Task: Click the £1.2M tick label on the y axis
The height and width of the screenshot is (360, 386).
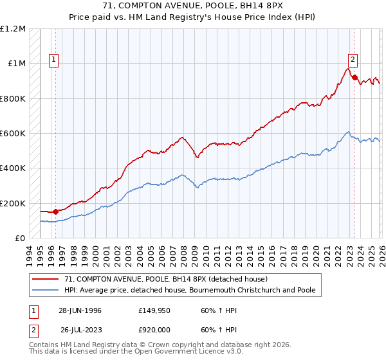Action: pos(13,29)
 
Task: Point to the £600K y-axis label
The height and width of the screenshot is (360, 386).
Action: pos(13,134)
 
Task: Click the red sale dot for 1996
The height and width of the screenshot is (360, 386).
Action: pos(56,212)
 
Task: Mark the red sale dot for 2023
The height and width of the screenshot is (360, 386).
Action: pos(354,77)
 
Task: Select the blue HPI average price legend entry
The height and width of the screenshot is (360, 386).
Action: pos(190,290)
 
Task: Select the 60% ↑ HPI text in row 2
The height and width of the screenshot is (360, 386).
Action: pos(215,328)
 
